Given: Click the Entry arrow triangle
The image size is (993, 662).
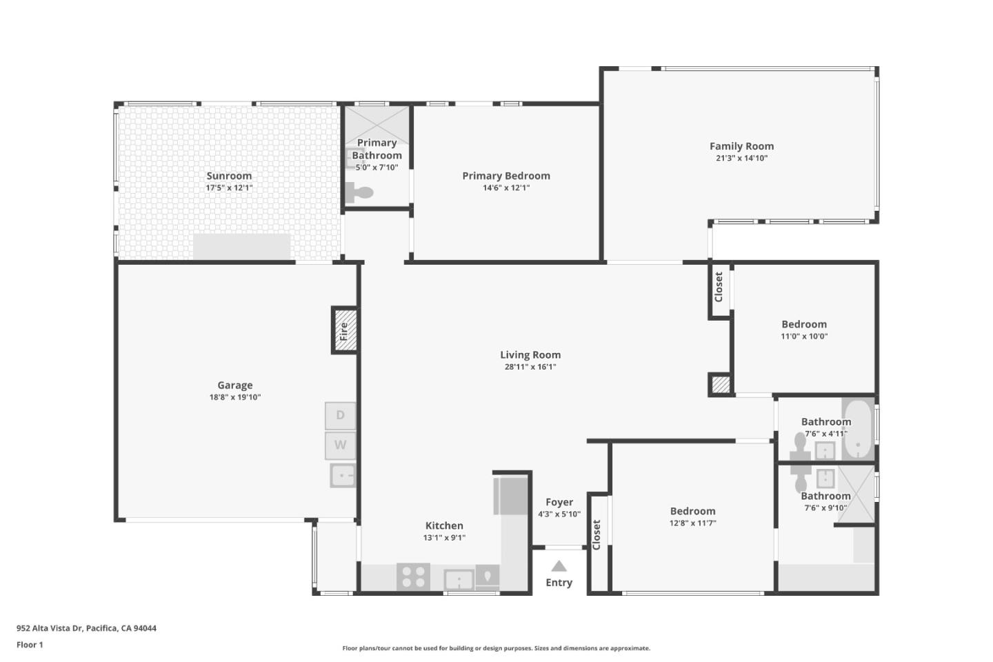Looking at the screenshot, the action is (559, 566).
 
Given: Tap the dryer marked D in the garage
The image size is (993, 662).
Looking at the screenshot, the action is (340, 415).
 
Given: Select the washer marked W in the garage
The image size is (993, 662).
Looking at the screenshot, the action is (340, 445).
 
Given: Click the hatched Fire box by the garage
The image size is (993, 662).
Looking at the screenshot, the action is (345, 330).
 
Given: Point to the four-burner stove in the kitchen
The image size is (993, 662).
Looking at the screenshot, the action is (413, 576).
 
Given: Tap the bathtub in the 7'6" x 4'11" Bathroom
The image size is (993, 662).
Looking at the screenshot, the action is (859, 429).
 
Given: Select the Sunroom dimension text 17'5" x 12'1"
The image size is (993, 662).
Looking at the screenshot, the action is (229, 188).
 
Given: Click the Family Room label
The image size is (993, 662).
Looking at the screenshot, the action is (742, 146).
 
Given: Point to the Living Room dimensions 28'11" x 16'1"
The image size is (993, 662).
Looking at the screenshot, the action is (530, 367).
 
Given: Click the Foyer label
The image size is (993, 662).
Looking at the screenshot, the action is (559, 503).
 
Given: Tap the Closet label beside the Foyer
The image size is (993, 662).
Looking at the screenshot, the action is (596, 534).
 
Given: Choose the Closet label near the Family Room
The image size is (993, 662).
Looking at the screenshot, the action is (719, 287).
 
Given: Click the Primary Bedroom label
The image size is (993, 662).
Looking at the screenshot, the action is (506, 176).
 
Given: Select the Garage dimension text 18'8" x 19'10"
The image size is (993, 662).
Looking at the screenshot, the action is (235, 397).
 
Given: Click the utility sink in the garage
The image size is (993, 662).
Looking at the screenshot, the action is (343, 476).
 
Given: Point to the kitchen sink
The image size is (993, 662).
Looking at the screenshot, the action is (459, 579).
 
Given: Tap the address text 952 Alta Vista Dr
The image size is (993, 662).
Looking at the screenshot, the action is (50, 628).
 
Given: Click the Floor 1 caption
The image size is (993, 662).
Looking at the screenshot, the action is (30, 645).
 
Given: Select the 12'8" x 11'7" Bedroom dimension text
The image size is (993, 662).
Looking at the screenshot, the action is (692, 523).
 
